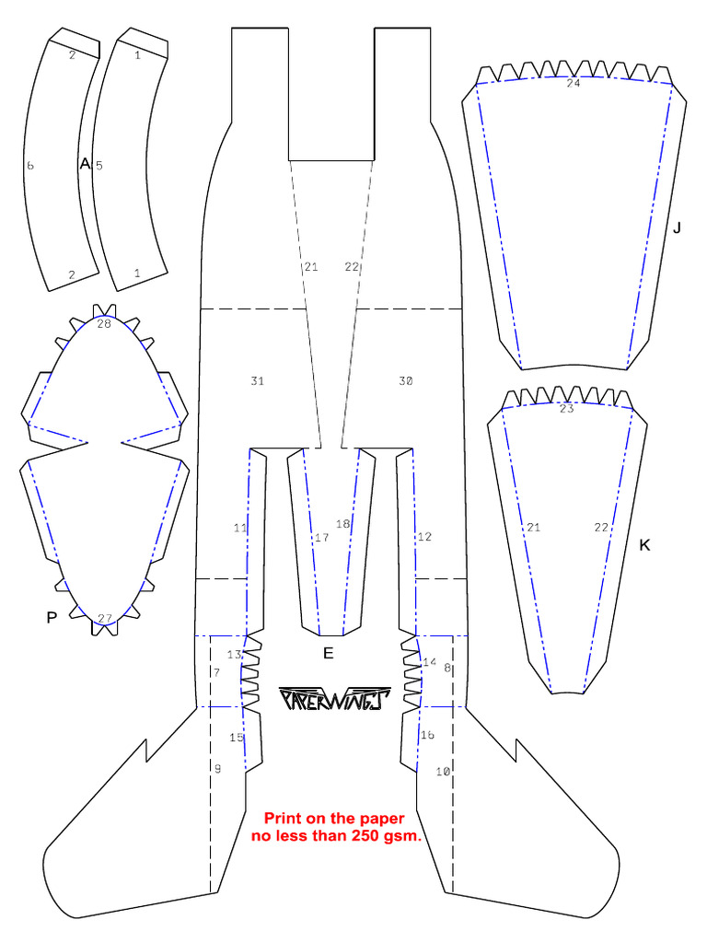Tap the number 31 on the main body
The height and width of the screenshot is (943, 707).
click(x=257, y=381)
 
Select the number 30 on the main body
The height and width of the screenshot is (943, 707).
click(x=406, y=381)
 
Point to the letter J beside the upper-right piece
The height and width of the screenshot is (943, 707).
click(x=677, y=227)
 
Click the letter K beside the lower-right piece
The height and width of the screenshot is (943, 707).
click(x=644, y=545)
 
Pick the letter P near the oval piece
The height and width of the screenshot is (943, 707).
click(x=52, y=618)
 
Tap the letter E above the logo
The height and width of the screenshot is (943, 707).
click(x=327, y=654)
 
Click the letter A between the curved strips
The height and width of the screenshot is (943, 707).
click(x=85, y=164)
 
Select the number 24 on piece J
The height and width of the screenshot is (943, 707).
click(x=574, y=83)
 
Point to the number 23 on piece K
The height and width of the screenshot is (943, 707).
click(x=566, y=409)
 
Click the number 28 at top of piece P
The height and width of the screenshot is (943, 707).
click(x=103, y=324)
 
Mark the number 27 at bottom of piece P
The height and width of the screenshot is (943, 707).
click(x=105, y=618)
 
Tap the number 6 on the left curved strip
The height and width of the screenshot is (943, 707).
click(x=30, y=166)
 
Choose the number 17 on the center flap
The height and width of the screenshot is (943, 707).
click(x=321, y=538)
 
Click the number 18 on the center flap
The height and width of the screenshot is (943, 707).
click(x=343, y=524)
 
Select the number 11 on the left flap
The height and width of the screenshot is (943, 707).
click(x=240, y=529)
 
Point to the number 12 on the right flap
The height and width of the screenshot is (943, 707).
click(x=423, y=537)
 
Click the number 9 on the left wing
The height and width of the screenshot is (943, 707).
click(x=218, y=769)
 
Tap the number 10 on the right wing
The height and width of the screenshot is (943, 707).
click(x=443, y=772)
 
